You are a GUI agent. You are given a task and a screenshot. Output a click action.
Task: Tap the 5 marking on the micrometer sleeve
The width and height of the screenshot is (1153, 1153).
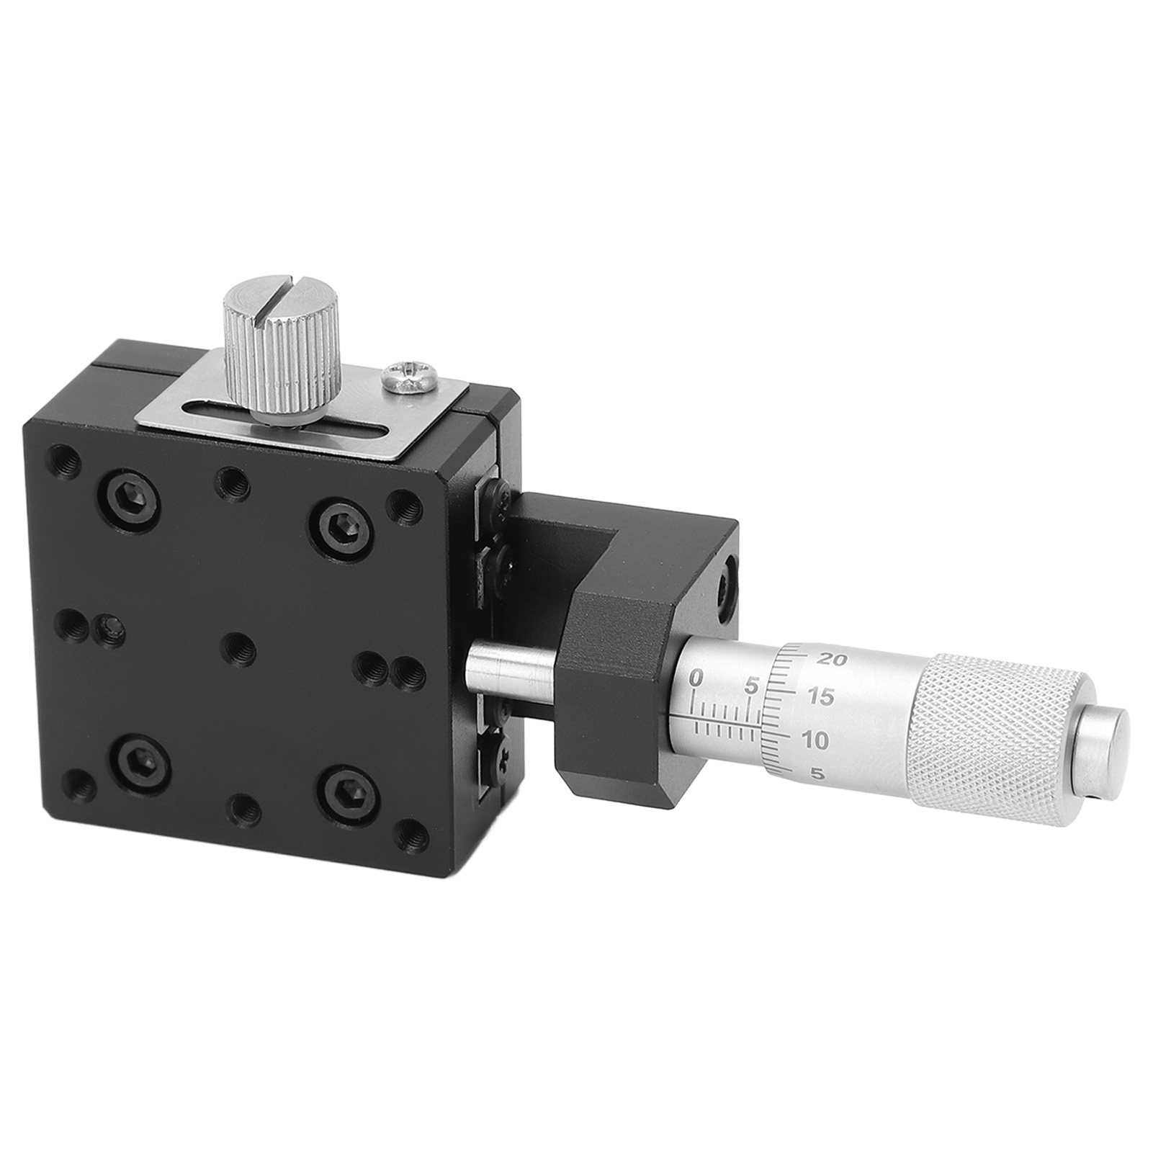coord(752,685)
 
